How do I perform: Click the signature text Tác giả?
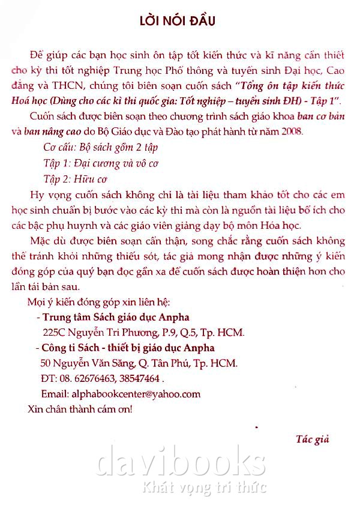[x=313, y=438]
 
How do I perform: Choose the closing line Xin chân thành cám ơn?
[x=80, y=410]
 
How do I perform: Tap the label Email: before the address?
[x=55, y=394]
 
